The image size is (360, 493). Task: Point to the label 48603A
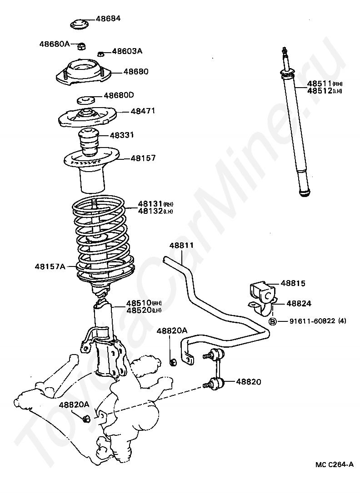(x=127, y=51)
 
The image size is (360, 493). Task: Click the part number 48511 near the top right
(x=320, y=84)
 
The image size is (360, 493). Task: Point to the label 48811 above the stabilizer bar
(x=182, y=246)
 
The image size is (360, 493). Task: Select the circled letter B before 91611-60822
(x=273, y=321)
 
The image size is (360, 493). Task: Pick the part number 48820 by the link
(x=249, y=382)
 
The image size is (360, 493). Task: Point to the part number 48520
(x=138, y=310)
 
